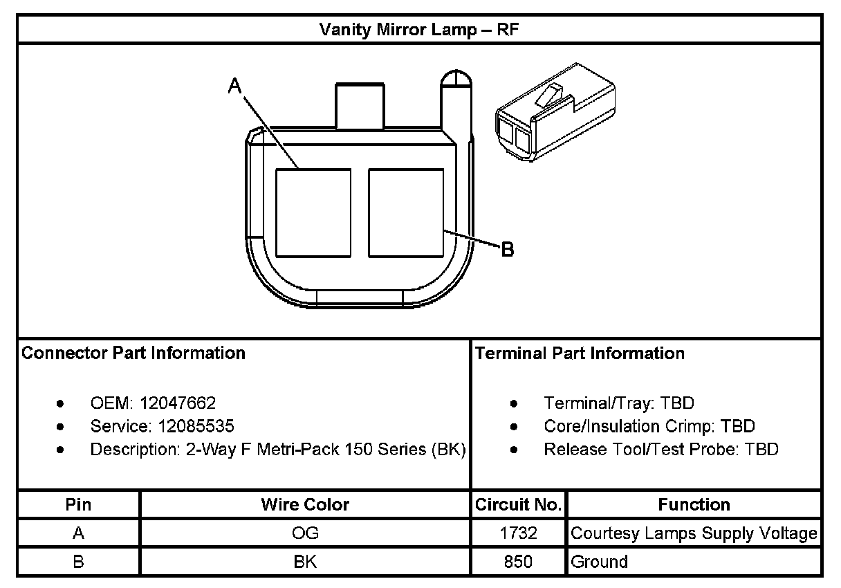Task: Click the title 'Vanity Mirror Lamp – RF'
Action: tap(419, 30)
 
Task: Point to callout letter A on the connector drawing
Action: tap(235, 85)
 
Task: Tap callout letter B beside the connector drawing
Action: tap(507, 249)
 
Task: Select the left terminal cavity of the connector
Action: tap(313, 213)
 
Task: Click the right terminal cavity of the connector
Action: tap(406, 213)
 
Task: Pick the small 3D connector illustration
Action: tap(555, 113)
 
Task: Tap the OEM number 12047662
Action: tap(178, 403)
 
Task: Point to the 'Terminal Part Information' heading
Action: tap(580, 353)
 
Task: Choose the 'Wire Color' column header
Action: tap(305, 504)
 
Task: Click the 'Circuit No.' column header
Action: tap(518, 504)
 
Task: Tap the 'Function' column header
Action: tap(694, 504)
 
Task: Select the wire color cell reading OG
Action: tap(305, 533)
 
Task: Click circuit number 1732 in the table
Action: tap(518, 533)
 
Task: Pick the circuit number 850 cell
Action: tap(518, 562)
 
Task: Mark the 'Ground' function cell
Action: tap(600, 562)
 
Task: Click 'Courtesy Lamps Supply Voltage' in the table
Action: tap(694, 533)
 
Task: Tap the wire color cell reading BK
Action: tap(305, 562)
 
